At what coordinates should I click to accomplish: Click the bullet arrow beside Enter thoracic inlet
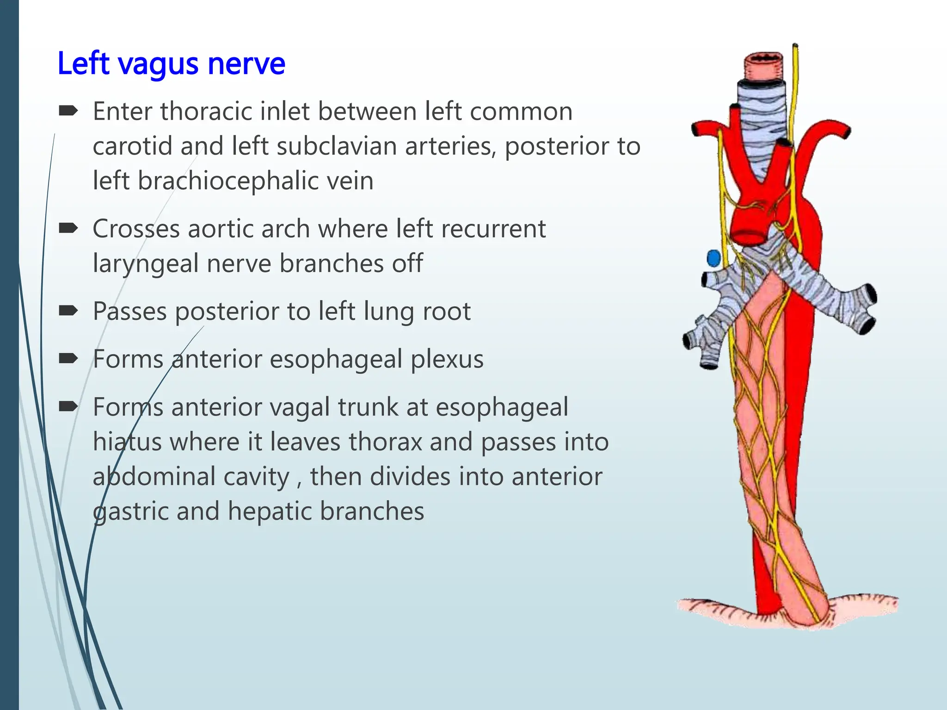coord(68,111)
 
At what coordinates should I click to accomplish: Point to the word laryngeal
coord(145,263)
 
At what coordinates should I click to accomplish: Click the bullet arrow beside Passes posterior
coord(68,311)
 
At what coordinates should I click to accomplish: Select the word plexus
coord(447,359)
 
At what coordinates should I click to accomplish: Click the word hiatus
coord(127,441)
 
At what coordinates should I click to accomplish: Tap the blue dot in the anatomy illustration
coord(713,258)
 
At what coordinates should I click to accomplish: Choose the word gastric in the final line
coord(130,512)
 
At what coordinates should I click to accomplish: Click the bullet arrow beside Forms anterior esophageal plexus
coord(68,359)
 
